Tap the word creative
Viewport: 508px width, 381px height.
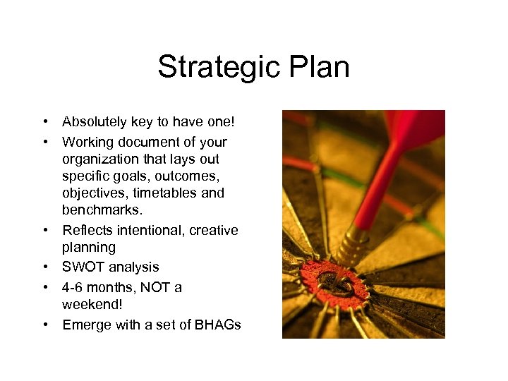tap(214, 230)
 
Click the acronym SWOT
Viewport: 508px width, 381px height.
tap(83, 267)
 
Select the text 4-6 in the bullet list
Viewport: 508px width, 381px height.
tap(73, 287)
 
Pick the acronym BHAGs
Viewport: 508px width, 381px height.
tap(217, 325)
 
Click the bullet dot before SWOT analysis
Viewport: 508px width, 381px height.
tap(44, 267)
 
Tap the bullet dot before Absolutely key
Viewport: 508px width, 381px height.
tap(44, 123)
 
